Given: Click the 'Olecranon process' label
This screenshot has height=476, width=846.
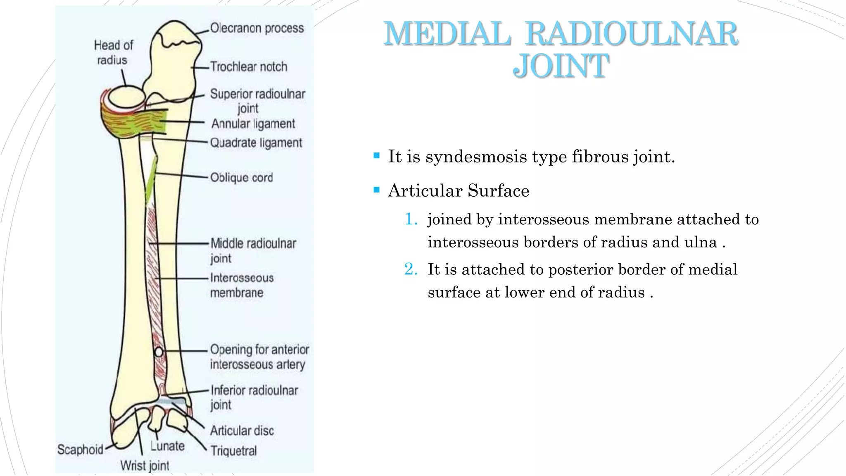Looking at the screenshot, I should (x=257, y=28).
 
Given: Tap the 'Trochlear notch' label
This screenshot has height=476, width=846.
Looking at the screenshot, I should (x=248, y=67).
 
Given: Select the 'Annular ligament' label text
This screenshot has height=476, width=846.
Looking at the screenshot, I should (x=253, y=124).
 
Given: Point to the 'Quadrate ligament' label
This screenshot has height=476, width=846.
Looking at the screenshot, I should (x=256, y=143).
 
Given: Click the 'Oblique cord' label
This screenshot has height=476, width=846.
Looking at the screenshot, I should (x=241, y=178).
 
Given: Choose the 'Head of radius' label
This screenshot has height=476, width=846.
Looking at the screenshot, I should (x=113, y=52).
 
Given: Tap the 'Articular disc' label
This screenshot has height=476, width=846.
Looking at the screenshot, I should (x=242, y=431).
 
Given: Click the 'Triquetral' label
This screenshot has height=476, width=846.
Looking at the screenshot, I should (x=233, y=451).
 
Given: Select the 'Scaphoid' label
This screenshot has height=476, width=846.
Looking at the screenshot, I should (x=80, y=449).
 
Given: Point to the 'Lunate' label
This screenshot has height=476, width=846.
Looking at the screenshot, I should (x=167, y=446).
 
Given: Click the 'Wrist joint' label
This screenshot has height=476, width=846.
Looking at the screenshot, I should (x=145, y=466).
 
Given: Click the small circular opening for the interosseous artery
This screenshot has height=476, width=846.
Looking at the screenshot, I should (x=159, y=352).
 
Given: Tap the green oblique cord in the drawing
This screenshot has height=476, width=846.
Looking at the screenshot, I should (x=151, y=181).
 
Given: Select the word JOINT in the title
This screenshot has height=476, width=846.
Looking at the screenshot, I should (x=561, y=66).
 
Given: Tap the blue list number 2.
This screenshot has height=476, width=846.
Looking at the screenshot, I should (x=411, y=269).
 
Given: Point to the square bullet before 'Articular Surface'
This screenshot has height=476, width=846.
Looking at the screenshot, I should (x=376, y=190).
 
